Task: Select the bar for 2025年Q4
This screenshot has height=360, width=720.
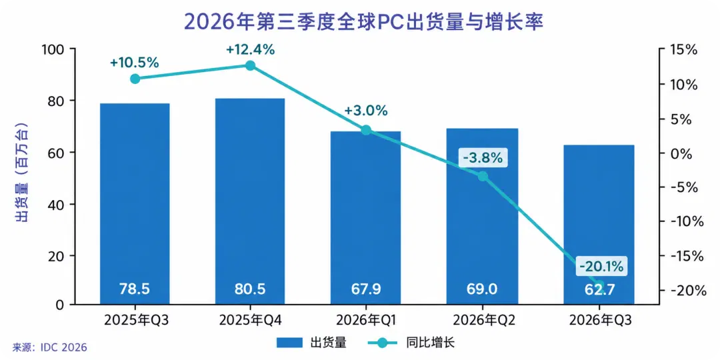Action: click(x=250, y=201)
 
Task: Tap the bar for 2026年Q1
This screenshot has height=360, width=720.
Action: click(x=366, y=217)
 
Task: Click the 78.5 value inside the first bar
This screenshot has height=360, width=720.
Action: click(x=135, y=289)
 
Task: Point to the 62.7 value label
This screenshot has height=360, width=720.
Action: click(x=598, y=289)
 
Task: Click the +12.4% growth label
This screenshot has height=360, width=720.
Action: click(x=250, y=49)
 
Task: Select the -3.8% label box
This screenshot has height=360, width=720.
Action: click(x=483, y=159)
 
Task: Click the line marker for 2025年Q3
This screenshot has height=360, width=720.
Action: click(x=135, y=79)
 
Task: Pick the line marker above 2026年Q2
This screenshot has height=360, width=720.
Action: click(x=483, y=176)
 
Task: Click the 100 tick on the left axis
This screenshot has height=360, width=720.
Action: click(x=53, y=49)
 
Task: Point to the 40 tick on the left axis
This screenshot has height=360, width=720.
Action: click(x=57, y=204)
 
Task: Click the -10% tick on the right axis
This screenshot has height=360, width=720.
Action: click(x=683, y=221)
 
